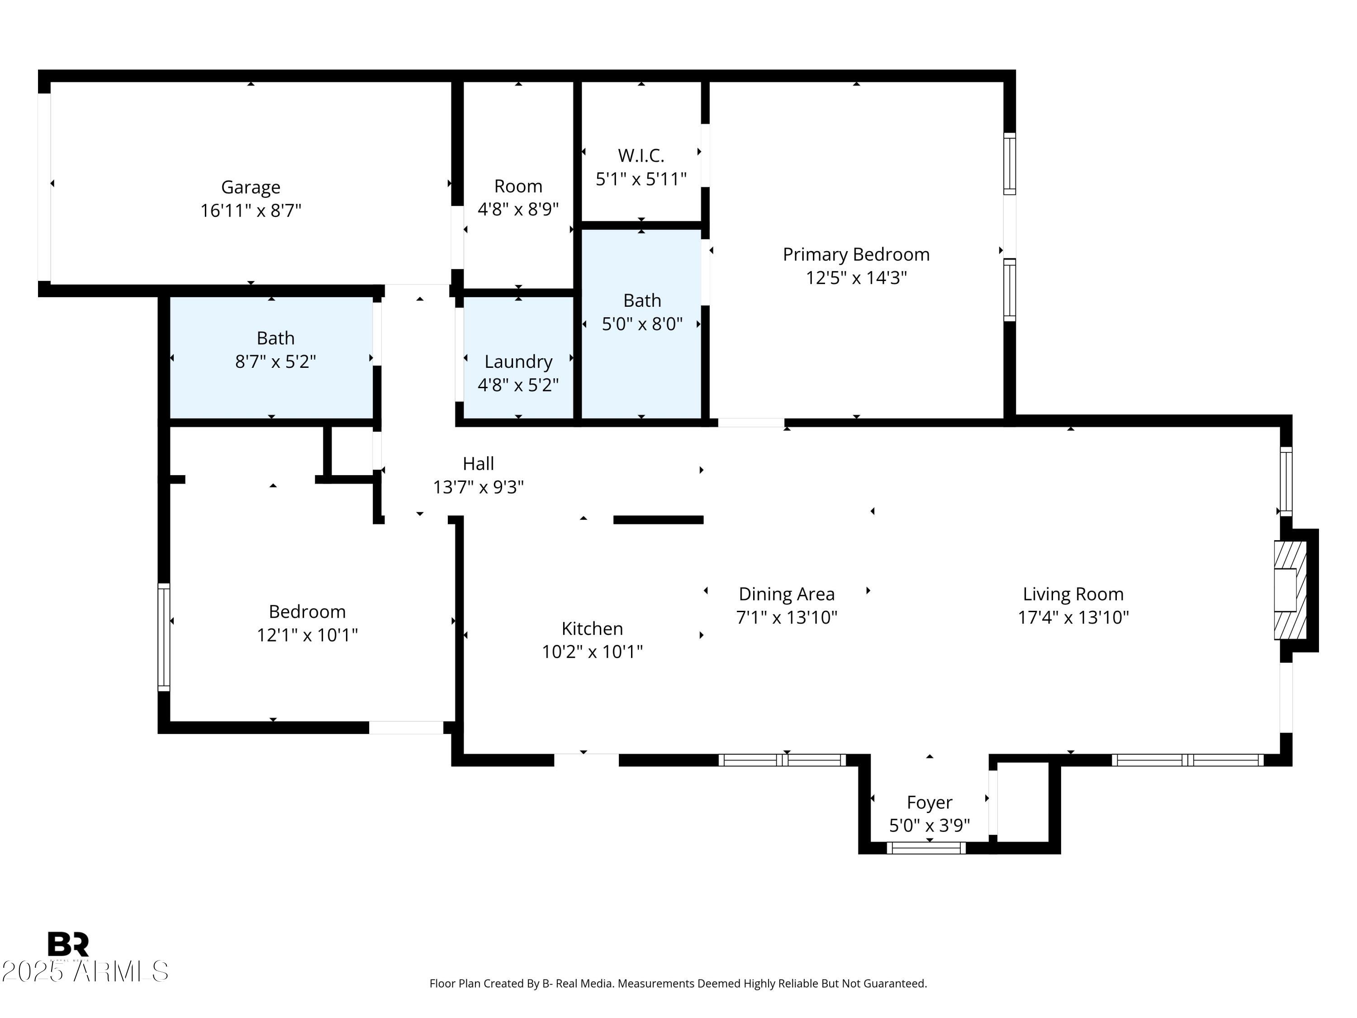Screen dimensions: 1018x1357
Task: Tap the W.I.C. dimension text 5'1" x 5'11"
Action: pyautogui.click(x=641, y=179)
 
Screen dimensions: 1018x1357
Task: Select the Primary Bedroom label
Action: pyautogui.click(x=856, y=254)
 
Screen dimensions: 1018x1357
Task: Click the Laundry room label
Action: pyautogui.click(x=518, y=362)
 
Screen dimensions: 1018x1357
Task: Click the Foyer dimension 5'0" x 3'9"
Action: pyautogui.click(x=930, y=825)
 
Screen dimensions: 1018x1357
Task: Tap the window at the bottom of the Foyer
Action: pyautogui.click(x=926, y=848)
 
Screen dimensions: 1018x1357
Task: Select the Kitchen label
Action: pyautogui.click(x=592, y=628)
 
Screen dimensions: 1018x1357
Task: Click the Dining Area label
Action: pyautogui.click(x=787, y=594)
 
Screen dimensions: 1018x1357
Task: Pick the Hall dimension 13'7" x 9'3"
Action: pyautogui.click(x=478, y=487)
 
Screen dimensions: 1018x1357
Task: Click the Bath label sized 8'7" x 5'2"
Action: pyautogui.click(x=275, y=338)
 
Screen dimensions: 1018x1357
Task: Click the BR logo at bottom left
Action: pyautogui.click(x=68, y=944)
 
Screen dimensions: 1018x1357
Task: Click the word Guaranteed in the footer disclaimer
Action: pyautogui.click(x=895, y=984)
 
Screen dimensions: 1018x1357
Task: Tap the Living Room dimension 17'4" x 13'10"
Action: pyautogui.click(x=1073, y=617)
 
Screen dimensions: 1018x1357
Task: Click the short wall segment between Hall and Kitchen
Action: pyautogui.click(x=658, y=520)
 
